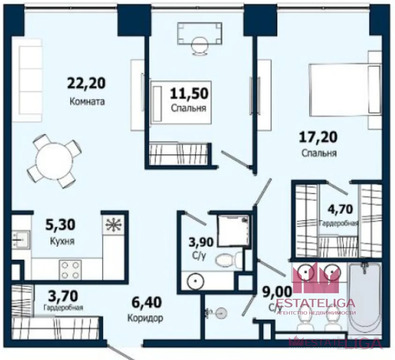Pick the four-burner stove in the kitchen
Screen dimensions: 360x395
click(x=73, y=267)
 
